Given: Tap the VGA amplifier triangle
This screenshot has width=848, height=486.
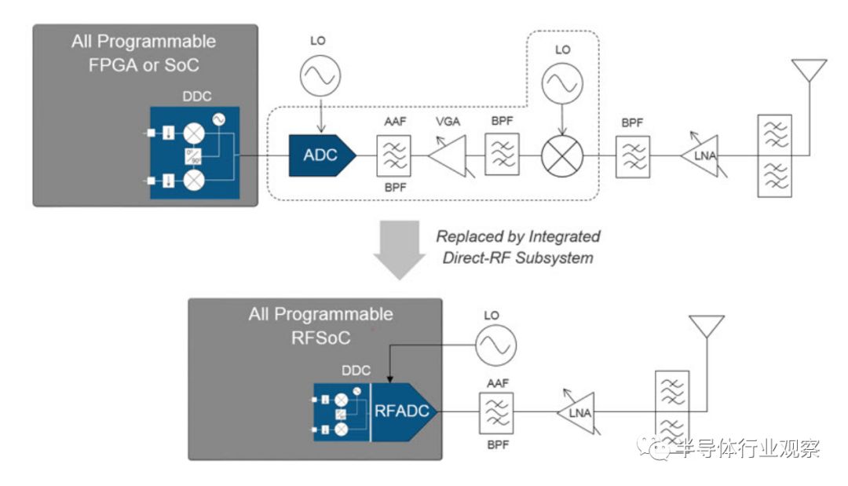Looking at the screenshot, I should click(x=447, y=155).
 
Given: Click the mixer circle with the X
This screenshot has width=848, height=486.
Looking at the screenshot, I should click(x=562, y=155).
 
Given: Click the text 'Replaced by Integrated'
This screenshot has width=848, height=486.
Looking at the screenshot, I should click(x=518, y=236).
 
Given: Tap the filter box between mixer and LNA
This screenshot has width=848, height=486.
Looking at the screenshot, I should click(x=631, y=155).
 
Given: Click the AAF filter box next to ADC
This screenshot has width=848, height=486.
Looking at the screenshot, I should click(x=392, y=155).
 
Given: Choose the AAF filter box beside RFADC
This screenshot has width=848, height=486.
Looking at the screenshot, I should click(x=497, y=410).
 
